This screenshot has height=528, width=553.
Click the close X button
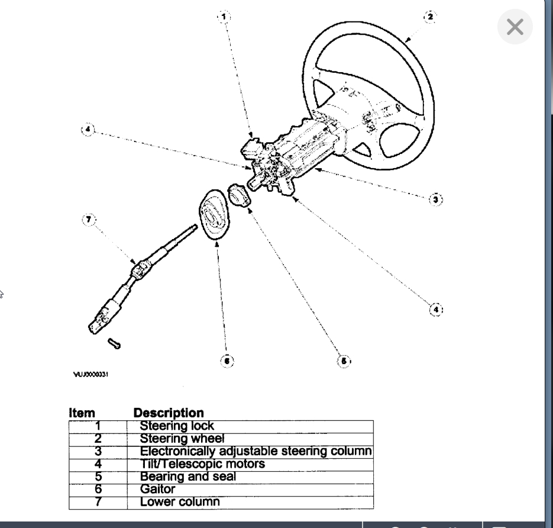tap(515, 27)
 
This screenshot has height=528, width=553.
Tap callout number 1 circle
tap(224, 17)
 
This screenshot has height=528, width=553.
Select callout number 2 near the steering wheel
tap(429, 17)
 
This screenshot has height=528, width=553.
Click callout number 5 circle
tap(343, 360)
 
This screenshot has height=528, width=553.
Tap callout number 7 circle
tap(88, 220)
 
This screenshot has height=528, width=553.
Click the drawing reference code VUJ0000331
tap(90, 374)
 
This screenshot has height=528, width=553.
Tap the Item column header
tap(82, 413)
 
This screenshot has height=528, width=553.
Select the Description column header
tap(169, 413)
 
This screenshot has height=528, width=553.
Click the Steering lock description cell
tap(177, 426)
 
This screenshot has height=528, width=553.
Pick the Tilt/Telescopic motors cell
tap(202, 464)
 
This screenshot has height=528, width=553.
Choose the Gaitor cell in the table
tap(157, 490)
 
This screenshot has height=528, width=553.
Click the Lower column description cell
tap(180, 502)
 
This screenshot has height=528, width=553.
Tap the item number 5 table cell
tap(98, 477)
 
